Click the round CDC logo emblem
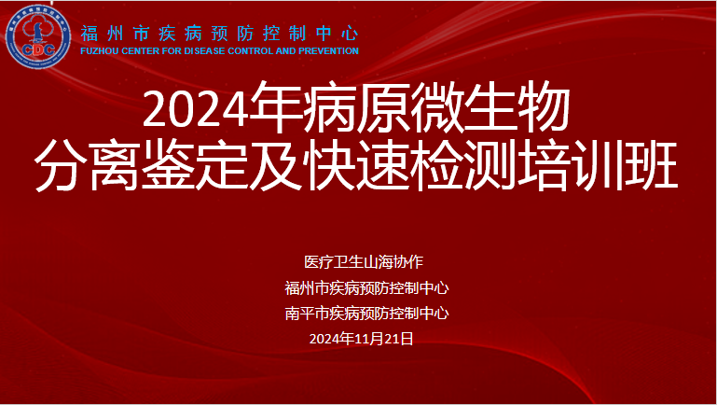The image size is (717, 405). pos(38,36)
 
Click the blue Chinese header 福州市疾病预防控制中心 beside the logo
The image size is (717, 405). pos(219,34)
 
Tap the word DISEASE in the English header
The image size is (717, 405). pos(204,50)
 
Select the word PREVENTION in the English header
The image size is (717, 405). pos(329,50)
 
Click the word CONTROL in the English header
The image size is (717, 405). pos(251,50)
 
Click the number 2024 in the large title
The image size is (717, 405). pos(196,109)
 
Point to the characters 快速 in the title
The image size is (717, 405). pos(356,167)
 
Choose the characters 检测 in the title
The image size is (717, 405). pos(462,167)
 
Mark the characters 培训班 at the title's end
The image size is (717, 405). pos(598,167)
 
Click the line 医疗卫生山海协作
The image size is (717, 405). pos(364,262)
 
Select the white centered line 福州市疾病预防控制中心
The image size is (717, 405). pos(366,287)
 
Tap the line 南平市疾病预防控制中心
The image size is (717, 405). pos(366,314)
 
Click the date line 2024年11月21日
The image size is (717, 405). pos(361,339)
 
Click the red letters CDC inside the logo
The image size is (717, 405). pos(38,49)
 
